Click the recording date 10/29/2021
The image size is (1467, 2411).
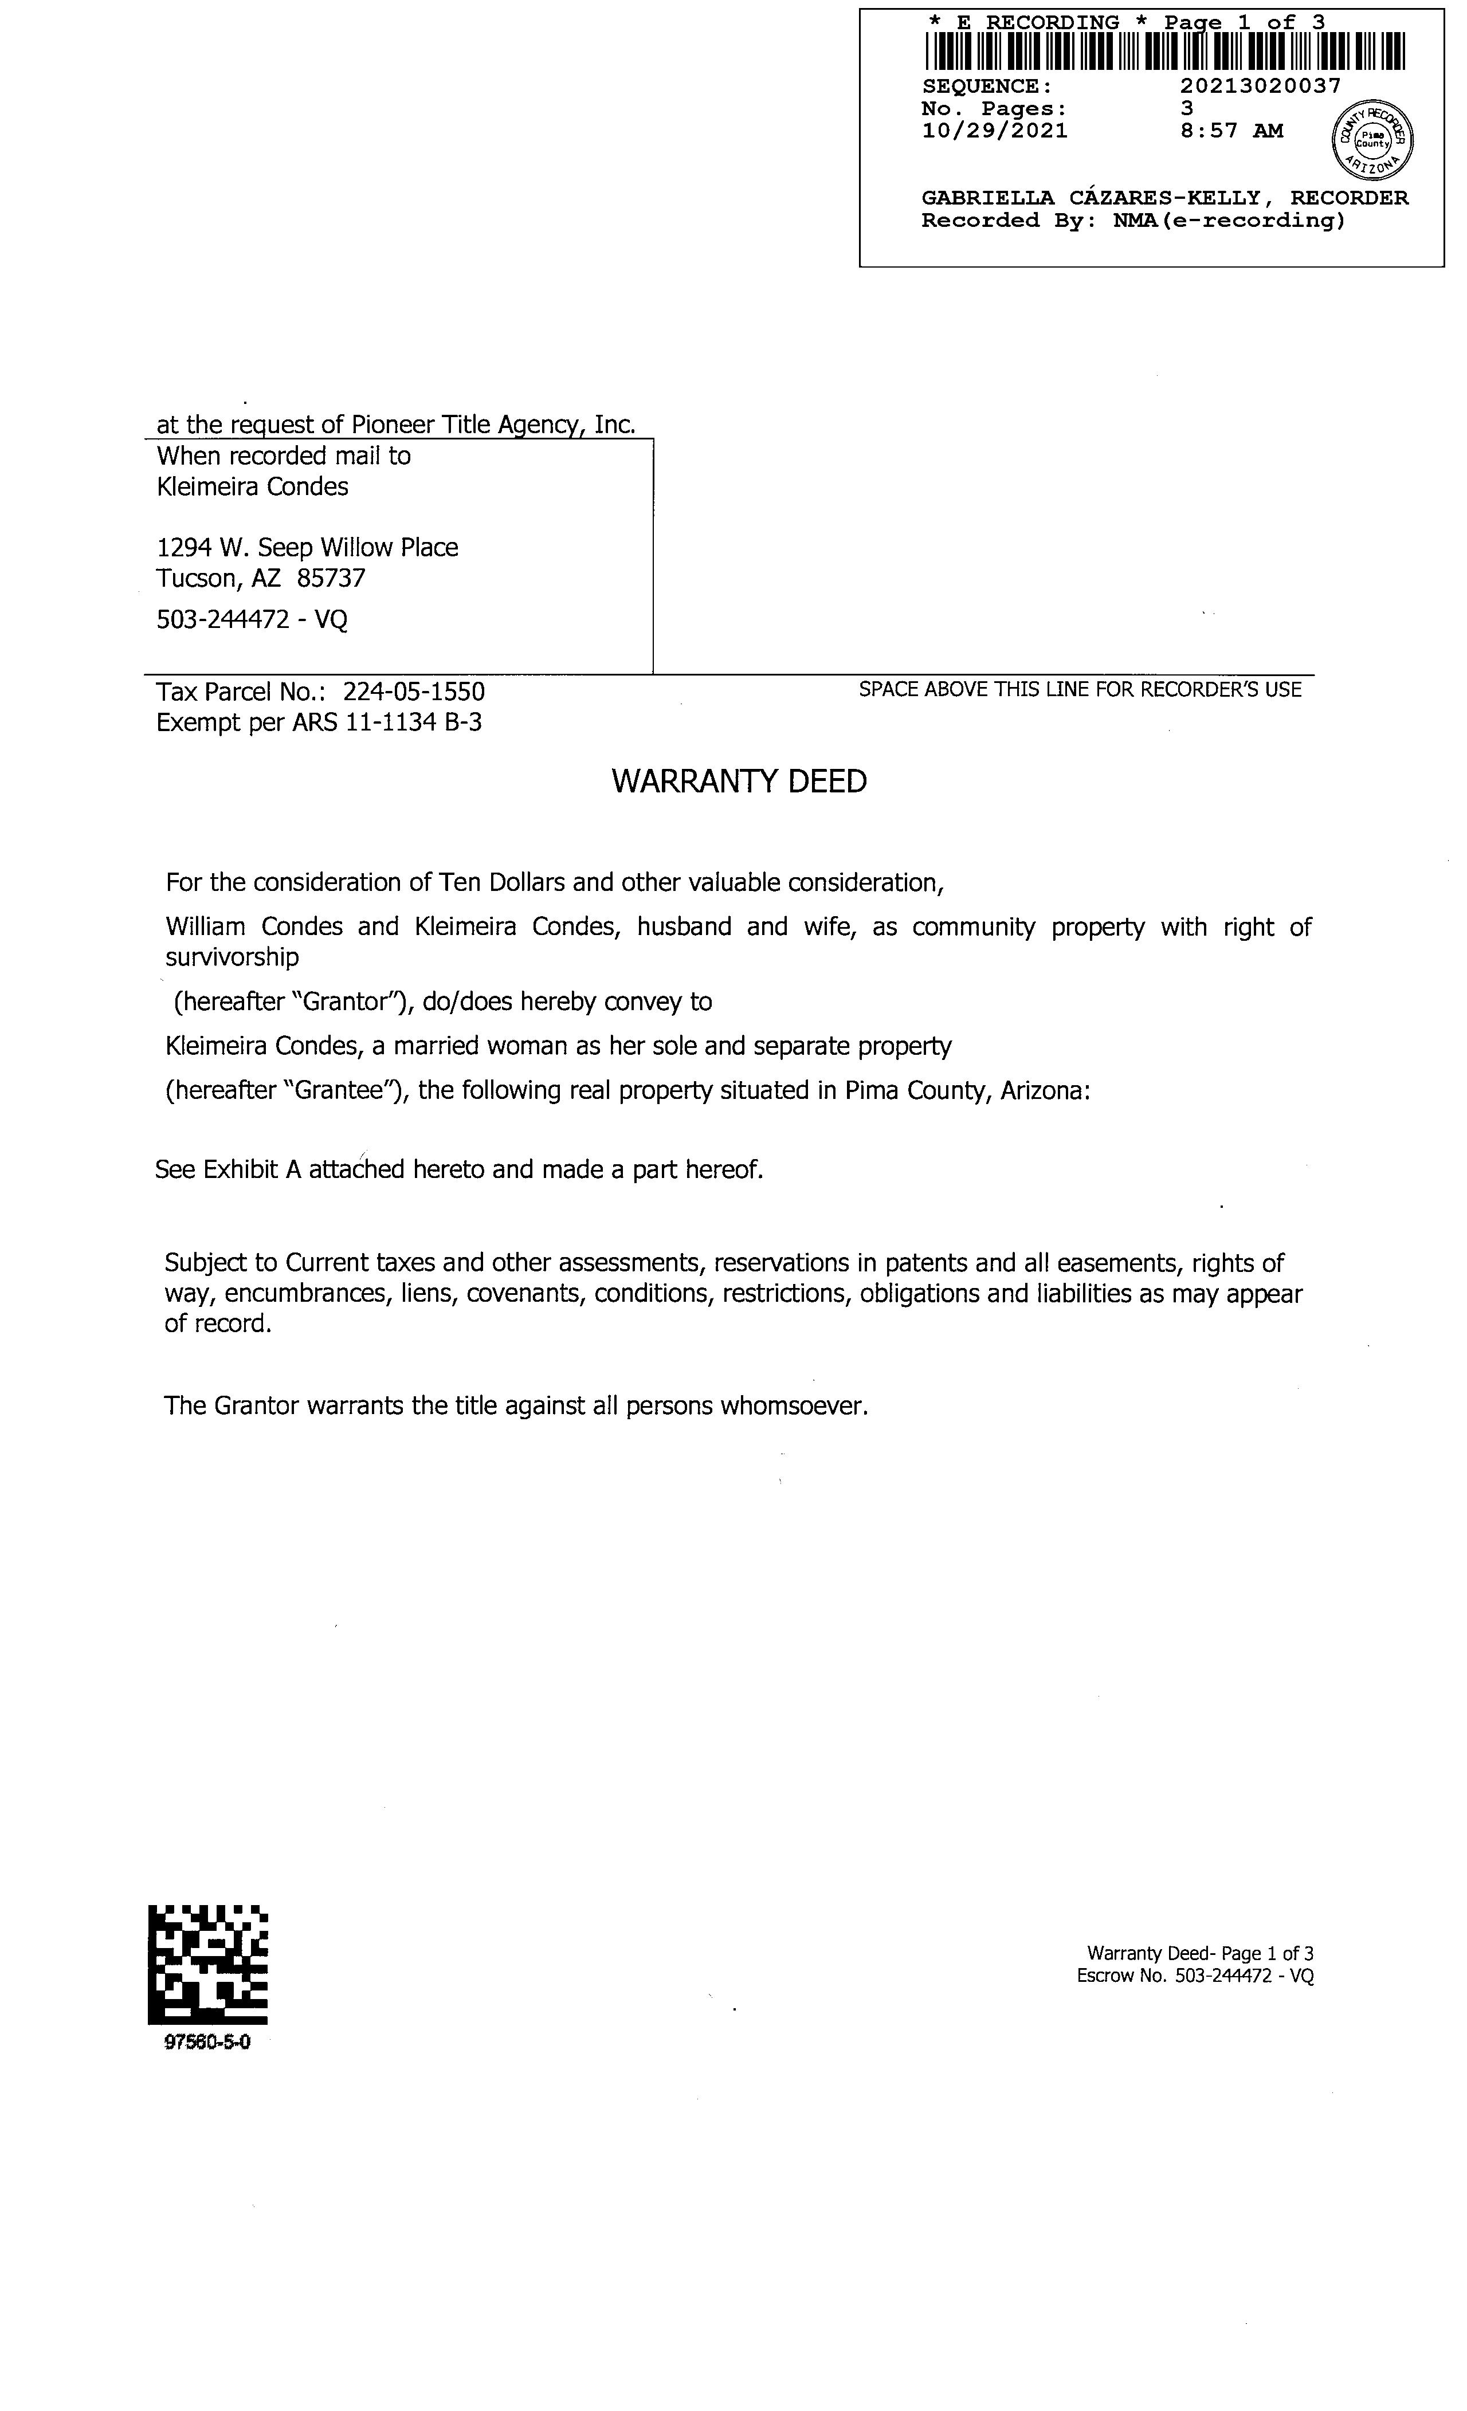pos(994,131)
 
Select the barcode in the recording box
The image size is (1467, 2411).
pos(1164,52)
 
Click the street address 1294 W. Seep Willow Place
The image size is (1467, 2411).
pos(307,548)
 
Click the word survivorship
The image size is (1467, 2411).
pos(232,957)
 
